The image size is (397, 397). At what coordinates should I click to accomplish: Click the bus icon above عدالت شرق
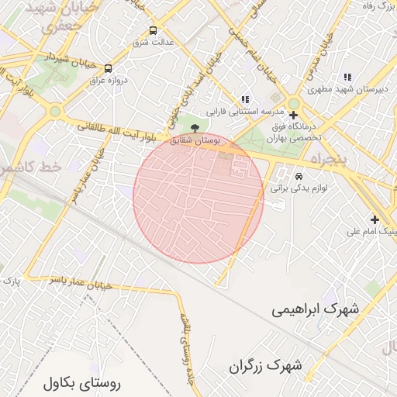click(x=153, y=32)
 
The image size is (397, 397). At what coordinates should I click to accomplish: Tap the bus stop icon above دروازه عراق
click(x=107, y=68)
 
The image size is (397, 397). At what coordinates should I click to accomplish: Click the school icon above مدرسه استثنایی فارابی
click(x=245, y=99)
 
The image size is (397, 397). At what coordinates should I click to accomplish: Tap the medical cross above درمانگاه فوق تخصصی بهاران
click(x=292, y=116)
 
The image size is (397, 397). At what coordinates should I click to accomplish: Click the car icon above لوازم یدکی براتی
click(x=299, y=175)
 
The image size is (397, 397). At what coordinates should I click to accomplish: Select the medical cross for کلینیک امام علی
click(x=375, y=220)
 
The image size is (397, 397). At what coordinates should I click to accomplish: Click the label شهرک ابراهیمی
click(x=316, y=309)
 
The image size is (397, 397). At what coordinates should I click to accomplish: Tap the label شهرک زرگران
click(x=265, y=365)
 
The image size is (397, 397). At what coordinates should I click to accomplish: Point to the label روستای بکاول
click(x=83, y=381)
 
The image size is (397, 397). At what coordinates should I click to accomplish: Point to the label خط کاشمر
click(x=28, y=167)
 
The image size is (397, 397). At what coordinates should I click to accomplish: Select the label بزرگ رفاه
click(x=378, y=6)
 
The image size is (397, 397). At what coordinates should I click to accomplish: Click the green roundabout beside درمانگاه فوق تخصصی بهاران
click(x=293, y=105)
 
